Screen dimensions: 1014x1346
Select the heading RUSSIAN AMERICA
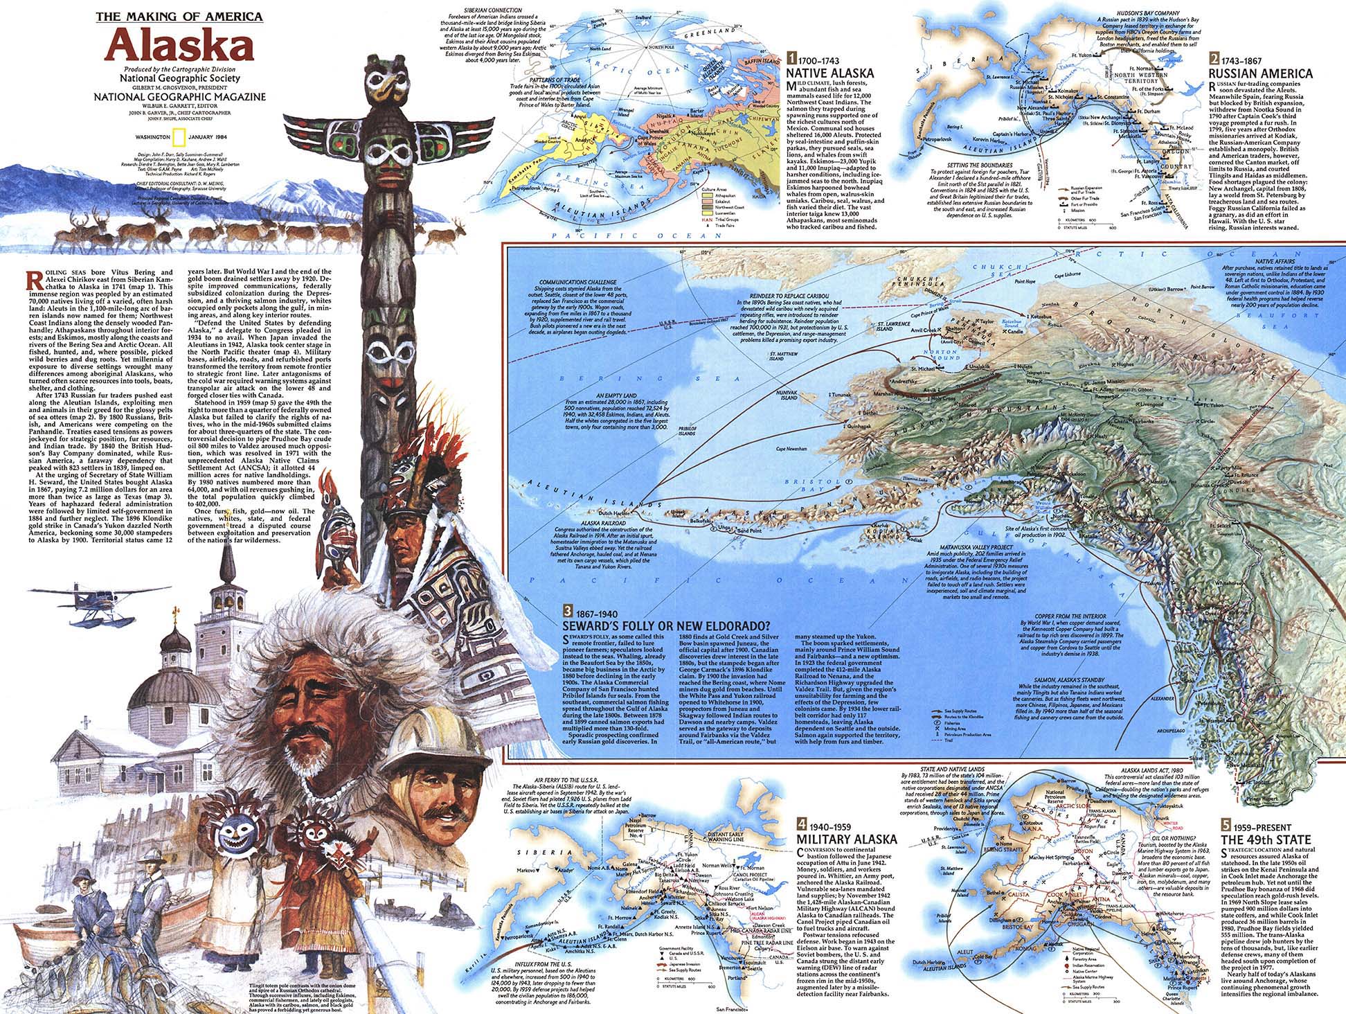tap(1259, 73)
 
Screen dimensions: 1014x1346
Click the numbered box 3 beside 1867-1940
tap(568, 612)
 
